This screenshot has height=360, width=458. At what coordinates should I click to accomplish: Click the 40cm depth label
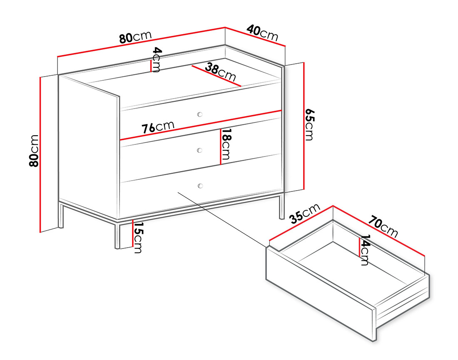click(x=262, y=33)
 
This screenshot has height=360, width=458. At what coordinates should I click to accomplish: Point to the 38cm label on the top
click(x=220, y=72)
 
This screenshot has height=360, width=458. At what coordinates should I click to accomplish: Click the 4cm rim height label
click(x=156, y=60)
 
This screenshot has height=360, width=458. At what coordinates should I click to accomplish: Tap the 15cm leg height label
click(x=137, y=237)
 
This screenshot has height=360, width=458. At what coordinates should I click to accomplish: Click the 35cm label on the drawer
click(x=305, y=214)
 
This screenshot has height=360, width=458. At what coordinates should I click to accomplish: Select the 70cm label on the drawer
click(x=383, y=226)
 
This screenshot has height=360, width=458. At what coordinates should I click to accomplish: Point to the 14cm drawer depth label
click(x=365, y=250)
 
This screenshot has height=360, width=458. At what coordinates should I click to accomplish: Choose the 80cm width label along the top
click(x=136, y=37)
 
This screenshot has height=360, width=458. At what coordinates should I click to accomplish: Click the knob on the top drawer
click(x=200, y=114)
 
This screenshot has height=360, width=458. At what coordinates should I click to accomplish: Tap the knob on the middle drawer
click(x=200, y=150)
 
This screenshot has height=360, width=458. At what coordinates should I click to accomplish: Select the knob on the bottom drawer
click(x=200, y=186)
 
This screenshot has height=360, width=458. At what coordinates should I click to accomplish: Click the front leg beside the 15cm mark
click(x=117, y=235)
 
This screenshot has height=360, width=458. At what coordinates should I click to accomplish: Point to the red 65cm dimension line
click(x=304, y=126)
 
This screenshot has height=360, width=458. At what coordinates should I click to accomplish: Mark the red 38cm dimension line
click(x=217, y=76)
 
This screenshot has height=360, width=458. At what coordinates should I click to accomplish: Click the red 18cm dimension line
click(x=220, y=146)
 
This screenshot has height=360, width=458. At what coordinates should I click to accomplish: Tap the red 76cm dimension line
click(x=201, y=125)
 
